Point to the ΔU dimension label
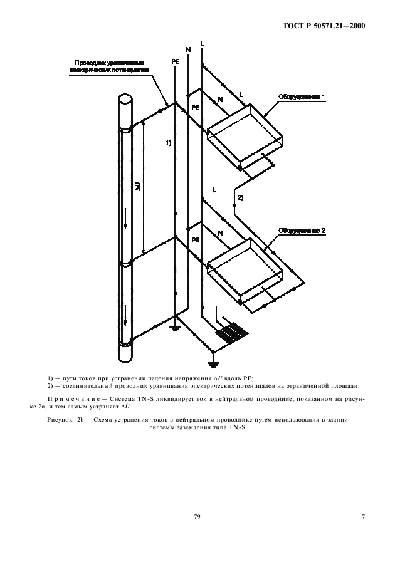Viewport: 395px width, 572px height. tap(138, 186)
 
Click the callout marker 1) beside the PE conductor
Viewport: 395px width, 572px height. tap(169, 143)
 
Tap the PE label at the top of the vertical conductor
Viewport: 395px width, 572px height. tap(175, 62)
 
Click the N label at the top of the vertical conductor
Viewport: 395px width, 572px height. tap(188, 49)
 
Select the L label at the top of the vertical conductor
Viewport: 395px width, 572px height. tap(201, 43)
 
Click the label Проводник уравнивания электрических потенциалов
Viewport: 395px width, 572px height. tap(110, 67)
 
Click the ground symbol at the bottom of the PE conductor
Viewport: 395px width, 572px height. tap(175, 327)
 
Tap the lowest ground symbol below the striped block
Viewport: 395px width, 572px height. tap(214, 363)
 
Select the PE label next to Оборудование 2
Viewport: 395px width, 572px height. tap(196, 240)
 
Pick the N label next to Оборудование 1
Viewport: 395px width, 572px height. tap(219, 99)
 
